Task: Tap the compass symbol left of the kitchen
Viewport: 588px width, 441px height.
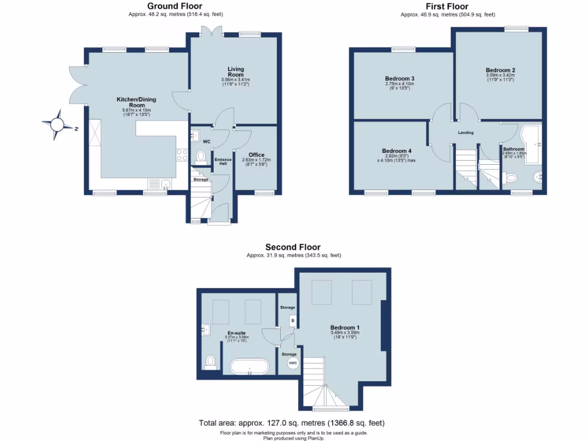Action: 58,124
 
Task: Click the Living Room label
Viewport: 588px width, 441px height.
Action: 235,72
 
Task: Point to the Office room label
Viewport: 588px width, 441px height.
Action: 256,155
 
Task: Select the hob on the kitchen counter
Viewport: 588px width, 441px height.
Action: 182,154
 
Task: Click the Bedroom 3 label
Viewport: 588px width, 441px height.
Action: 400,79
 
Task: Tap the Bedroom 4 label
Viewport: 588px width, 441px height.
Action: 396,151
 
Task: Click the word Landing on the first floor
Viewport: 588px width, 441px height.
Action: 465,133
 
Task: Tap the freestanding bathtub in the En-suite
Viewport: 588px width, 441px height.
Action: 249,366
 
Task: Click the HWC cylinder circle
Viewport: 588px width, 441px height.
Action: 292,363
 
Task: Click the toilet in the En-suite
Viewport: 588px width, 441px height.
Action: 211,362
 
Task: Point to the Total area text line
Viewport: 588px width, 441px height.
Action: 292,423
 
